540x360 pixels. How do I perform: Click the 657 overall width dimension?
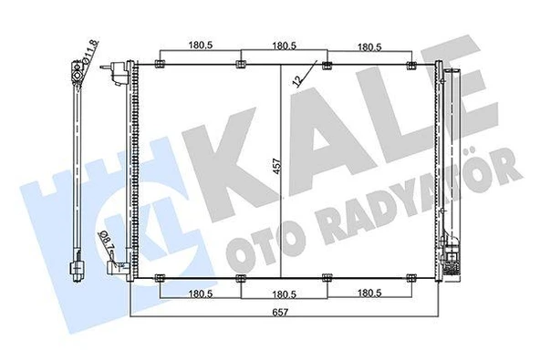coord(280,313)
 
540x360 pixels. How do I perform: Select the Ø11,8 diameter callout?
coord(90,52)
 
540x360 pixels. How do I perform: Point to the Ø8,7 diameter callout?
coord(106,241)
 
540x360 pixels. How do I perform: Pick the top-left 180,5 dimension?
coord(201,45)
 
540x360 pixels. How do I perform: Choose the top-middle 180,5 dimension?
coord(284,46)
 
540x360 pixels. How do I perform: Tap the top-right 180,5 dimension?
coord(369,47)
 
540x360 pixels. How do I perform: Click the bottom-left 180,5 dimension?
coord(201,293)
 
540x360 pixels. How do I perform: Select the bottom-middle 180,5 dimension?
coord(284,294)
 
